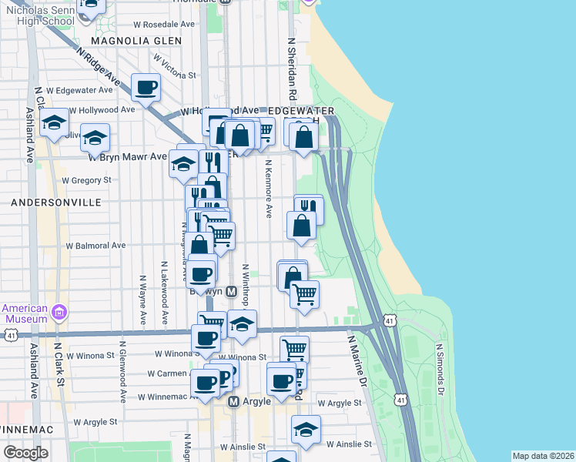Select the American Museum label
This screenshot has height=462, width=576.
[25, 313]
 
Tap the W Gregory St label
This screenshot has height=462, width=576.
[87, 180]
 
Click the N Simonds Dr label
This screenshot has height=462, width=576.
[441, 369]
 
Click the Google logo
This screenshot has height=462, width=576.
[25, 453]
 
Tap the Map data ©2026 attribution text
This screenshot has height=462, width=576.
[543, 456]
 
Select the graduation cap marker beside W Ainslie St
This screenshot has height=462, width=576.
[306, 430]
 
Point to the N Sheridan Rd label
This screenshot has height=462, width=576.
[292, 69]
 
